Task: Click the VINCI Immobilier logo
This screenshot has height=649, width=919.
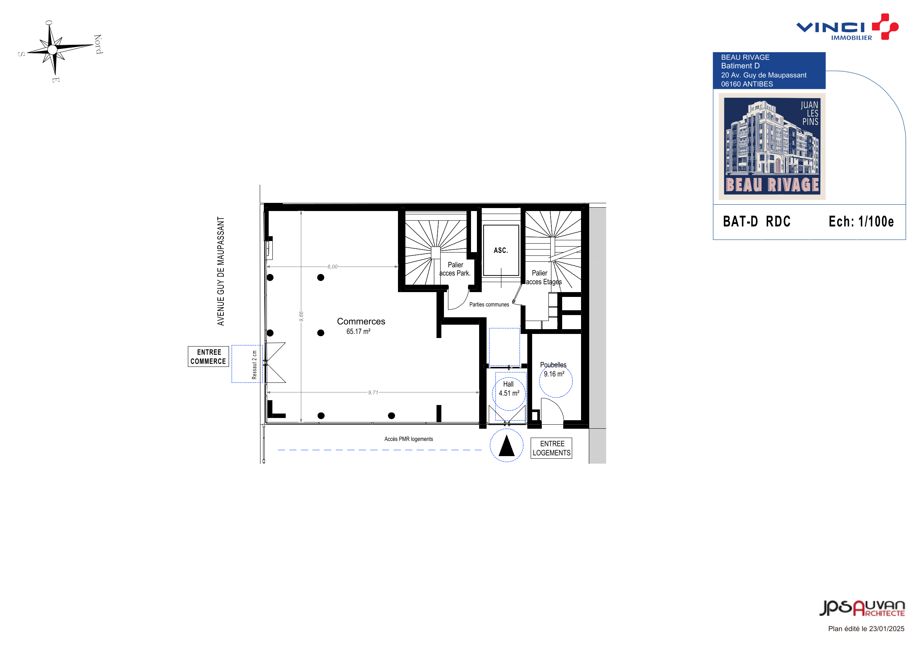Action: coord(847,27)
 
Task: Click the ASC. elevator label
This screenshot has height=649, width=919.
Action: coord(501,250)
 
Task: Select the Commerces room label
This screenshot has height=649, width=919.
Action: coord(361,321)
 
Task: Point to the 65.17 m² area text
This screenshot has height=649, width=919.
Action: coord(358,331)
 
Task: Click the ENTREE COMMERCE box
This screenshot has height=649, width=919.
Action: coord(209,356)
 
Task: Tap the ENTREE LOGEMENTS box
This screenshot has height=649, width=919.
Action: coord(551,448)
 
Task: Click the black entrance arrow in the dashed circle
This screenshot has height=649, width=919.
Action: coord(506,446)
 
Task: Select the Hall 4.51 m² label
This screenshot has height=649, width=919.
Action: coord(509,389)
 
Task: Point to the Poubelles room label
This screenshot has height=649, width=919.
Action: coord(553,365)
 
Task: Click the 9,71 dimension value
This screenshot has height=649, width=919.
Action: coord(373,392)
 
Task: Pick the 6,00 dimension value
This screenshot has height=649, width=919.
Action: coord(332,267)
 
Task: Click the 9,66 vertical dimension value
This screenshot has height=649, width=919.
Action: coord(301,316)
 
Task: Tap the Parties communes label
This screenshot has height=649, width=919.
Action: coord(489,304)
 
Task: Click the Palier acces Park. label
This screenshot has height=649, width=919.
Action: coord(455,269)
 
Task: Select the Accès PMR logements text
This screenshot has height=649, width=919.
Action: coord(409,439)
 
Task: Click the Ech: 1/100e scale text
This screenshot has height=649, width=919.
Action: coord(861,221)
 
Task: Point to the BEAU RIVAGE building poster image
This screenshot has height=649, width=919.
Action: coord(772,146)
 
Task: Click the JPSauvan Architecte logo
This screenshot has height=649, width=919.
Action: coord(862,608)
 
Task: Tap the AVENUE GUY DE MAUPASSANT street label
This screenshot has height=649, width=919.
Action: coord(220,271)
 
